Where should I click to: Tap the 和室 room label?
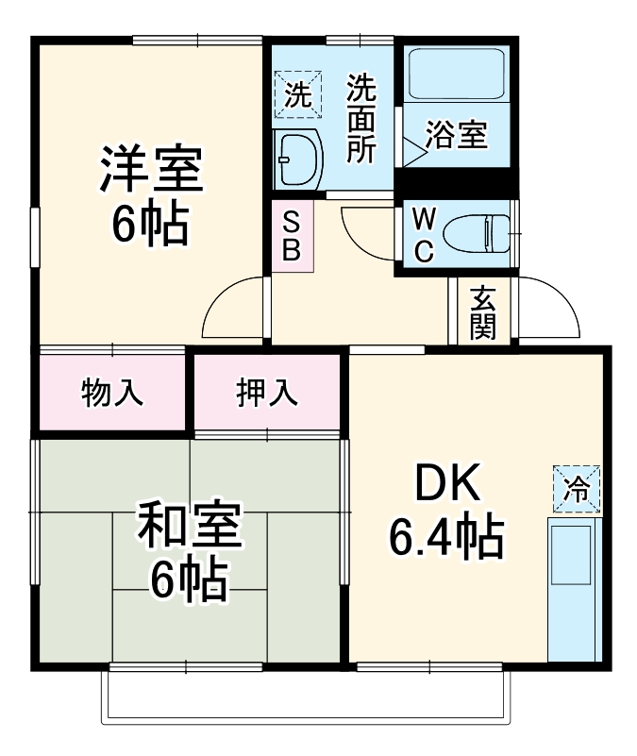pyautogui.click(x=189, y=526)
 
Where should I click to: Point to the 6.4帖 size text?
pyautogui.click(x=444, y=538)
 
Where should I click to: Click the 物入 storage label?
pyautogui.click(x=112, y=392)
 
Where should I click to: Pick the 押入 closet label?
pyautogui.click(x=267, y=392)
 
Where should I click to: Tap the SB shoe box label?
pyautogui.click(x=292, y=237)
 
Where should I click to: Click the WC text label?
pyautogui.click(x=425, y=237)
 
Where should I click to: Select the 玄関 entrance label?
pyautogui.click(x=483, y=311)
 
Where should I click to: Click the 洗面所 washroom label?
pyautogui.click(x=360, y=120)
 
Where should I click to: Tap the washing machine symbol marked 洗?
pyautogui.click(x=297, y=94)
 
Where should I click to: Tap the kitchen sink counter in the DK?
pyautogui.click(x=573, y=585)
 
